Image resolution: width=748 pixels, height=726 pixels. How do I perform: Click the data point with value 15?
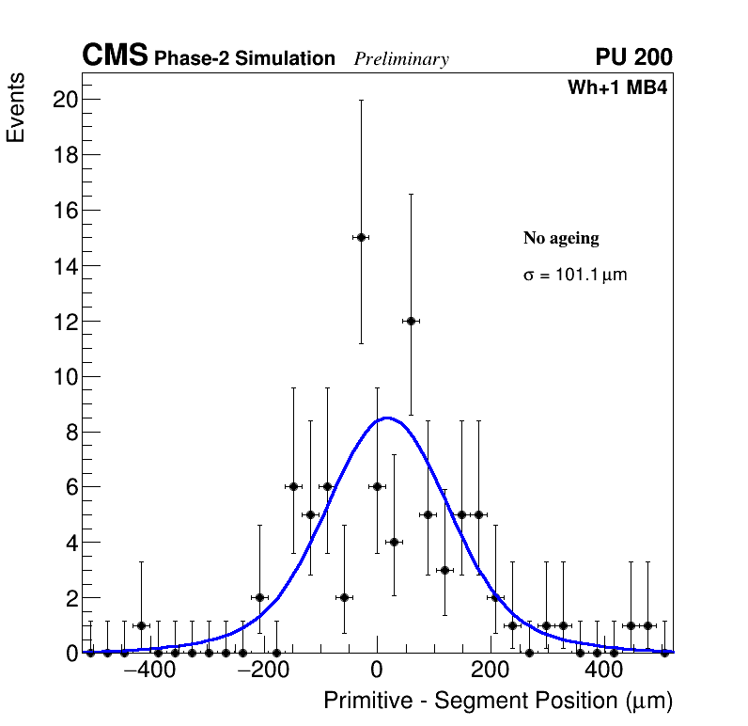pyautogui.click(x=361, y=237)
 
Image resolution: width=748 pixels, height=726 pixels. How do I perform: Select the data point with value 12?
pyautogui.click(x=411, y=321)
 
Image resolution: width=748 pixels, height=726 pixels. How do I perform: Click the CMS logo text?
pyautogui.click(x=115, y=56)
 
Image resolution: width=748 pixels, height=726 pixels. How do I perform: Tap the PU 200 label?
pyautogui.click(x=634, y=57)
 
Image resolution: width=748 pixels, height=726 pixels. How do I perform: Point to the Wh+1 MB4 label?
pyautogui.click(x=617, y=88)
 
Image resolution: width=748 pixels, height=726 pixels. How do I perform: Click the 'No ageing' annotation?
pyautogui.click(x=561, y=239)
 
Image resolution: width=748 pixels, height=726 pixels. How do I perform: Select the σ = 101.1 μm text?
pyautogui.click(x=574, y=276)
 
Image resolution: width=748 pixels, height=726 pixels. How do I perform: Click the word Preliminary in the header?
pyautogui.click(x=401, y=59)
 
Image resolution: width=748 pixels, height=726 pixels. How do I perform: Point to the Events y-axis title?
pyautogui.click(x=16, y=108)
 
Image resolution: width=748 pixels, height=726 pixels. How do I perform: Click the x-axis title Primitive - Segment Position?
pyautogui.click(x=498, y=702)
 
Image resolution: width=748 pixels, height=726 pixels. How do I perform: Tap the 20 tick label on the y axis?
pyautogui.click(x=63, y=100)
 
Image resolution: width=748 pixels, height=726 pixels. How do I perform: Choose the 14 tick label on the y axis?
pyautogui.click(x=63, y=266)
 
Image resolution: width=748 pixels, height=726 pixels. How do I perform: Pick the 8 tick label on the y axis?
pyautogui.click(x=69, y=433)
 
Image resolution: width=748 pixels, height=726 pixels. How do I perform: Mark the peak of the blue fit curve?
pyautogui.click(x=386, y=418)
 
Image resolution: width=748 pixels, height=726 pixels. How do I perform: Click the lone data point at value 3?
pyautogui.click(x=444, y=570)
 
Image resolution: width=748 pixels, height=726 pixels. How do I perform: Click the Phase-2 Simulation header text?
pyautogui.click(x=244, y=59)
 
